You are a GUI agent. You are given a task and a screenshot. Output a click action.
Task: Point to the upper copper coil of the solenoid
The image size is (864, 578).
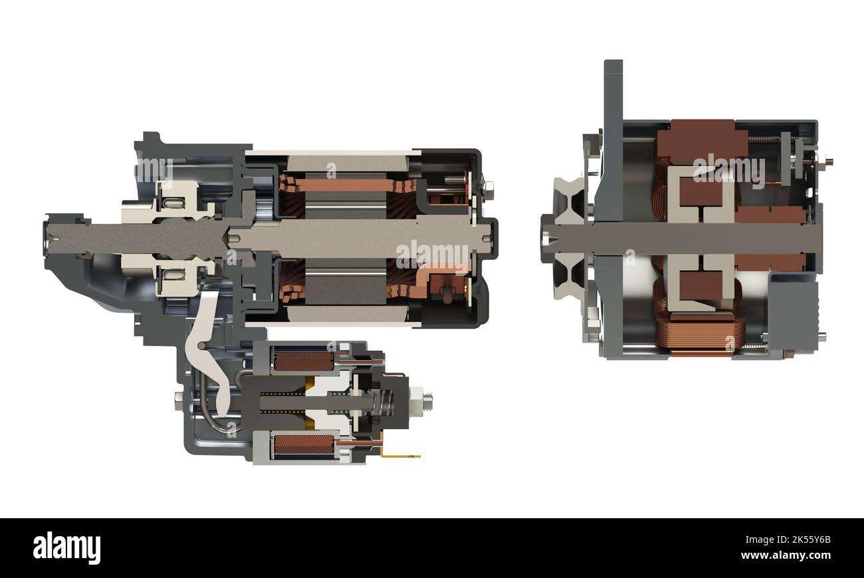pos(304,361)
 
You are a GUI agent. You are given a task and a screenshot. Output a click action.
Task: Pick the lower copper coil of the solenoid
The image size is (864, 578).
pos(304,444)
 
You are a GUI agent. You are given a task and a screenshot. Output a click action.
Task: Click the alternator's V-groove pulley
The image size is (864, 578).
pos(566,236)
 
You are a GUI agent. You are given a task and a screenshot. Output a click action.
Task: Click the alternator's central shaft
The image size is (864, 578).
pos(685,237)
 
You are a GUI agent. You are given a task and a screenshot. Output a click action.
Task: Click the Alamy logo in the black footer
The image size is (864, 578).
pos(66,548)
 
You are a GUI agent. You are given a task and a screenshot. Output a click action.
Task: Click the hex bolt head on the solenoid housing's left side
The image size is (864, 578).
pos(179,398)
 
